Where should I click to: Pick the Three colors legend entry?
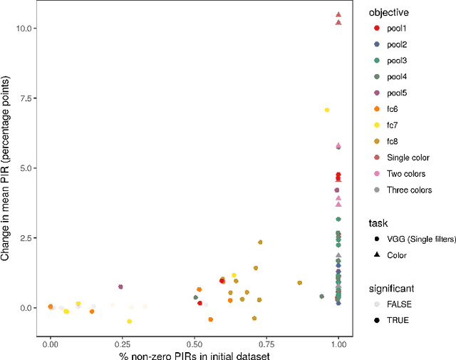(409, 190)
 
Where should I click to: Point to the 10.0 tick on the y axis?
(27, 28)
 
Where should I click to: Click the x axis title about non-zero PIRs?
(194, 354)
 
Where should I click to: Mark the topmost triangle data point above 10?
(338, 14)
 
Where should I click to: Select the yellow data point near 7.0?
(327, 110)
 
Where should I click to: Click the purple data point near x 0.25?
(120, 287)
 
